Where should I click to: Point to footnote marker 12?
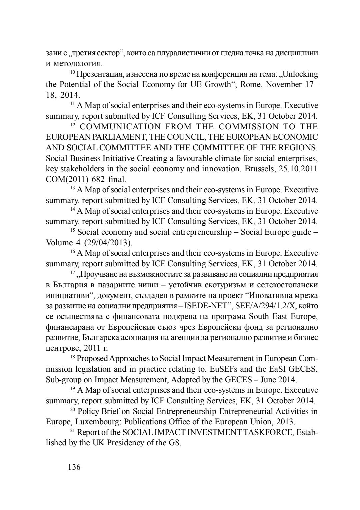73,125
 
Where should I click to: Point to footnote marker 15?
73,231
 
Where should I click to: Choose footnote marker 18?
73,357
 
